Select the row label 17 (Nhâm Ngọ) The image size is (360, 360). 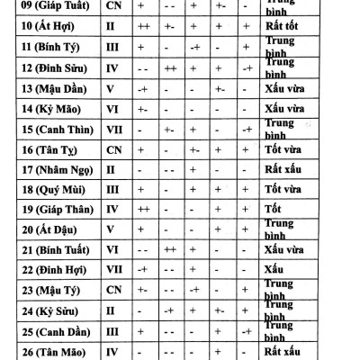(54, 168)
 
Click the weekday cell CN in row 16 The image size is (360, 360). (113, 149)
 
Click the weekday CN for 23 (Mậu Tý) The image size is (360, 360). (113, 289)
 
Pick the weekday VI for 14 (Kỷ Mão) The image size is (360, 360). (113, 109)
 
